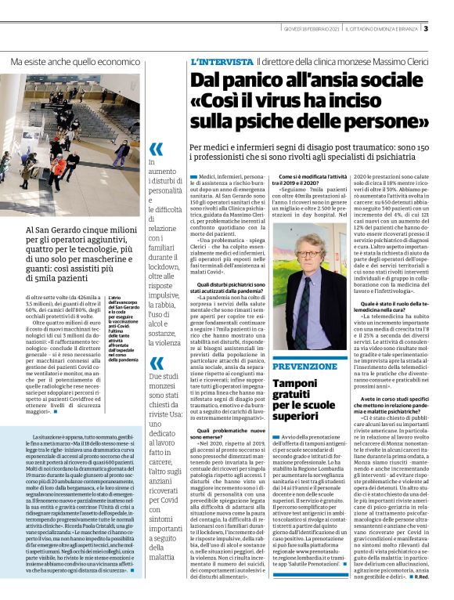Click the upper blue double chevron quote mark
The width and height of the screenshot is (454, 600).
click(x=157, y=149)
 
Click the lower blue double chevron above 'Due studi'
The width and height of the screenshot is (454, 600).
click(x=157, y=363)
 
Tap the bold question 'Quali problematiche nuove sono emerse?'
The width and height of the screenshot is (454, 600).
click(x=227, y=433)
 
